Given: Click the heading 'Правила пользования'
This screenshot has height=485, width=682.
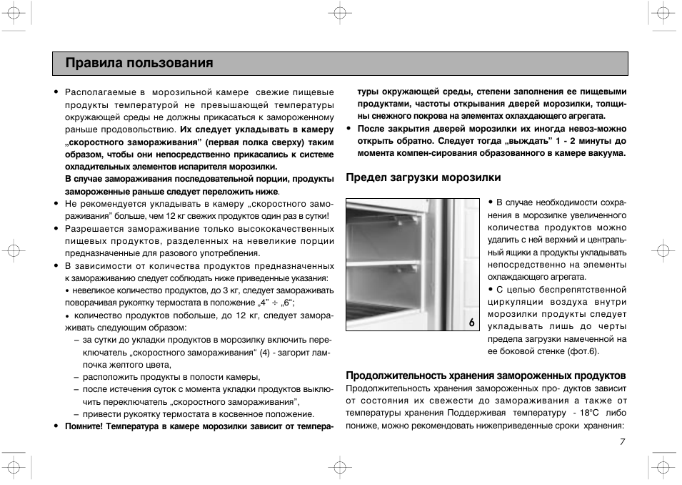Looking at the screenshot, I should (x=139, y=64).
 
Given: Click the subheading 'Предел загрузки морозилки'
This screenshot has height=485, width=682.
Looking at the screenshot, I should (x=423, y=177).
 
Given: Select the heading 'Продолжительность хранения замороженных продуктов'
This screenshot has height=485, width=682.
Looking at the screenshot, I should (x=486, y=376).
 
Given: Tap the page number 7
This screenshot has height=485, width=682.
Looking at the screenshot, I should (x=622, y=441).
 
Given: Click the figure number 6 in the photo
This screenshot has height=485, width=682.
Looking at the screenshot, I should (x=471, y=323).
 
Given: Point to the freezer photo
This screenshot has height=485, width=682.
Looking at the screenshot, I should (x=413, y=265).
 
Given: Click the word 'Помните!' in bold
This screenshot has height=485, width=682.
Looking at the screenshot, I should (x=84, y=427).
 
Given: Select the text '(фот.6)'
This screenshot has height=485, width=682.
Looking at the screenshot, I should (x=584, y=351).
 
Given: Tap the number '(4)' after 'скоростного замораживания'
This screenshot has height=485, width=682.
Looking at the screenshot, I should (x=265, y=353).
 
